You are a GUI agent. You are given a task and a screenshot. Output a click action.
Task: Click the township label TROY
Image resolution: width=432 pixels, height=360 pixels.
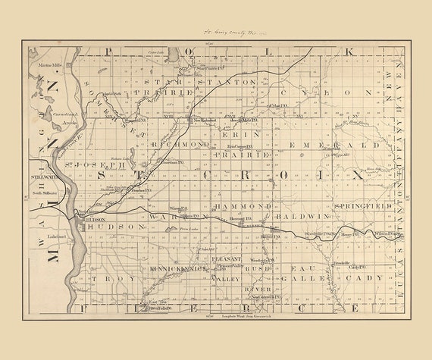[x=106, y=279]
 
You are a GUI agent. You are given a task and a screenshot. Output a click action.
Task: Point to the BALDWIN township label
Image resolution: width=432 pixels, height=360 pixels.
[x=308, y=216]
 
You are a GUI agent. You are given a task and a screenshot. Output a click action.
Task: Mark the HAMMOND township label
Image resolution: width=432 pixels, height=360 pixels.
[x=243, y=206]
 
